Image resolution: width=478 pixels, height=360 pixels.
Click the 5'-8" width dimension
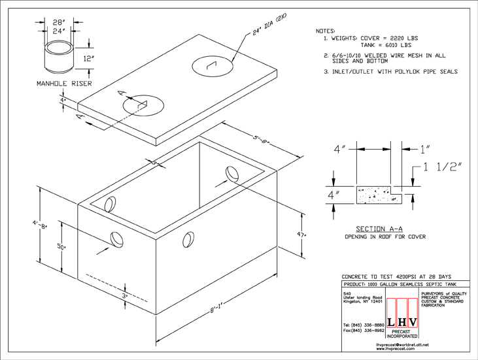click(259, 138)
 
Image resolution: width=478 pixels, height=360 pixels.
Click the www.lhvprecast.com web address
click(398, 349)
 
